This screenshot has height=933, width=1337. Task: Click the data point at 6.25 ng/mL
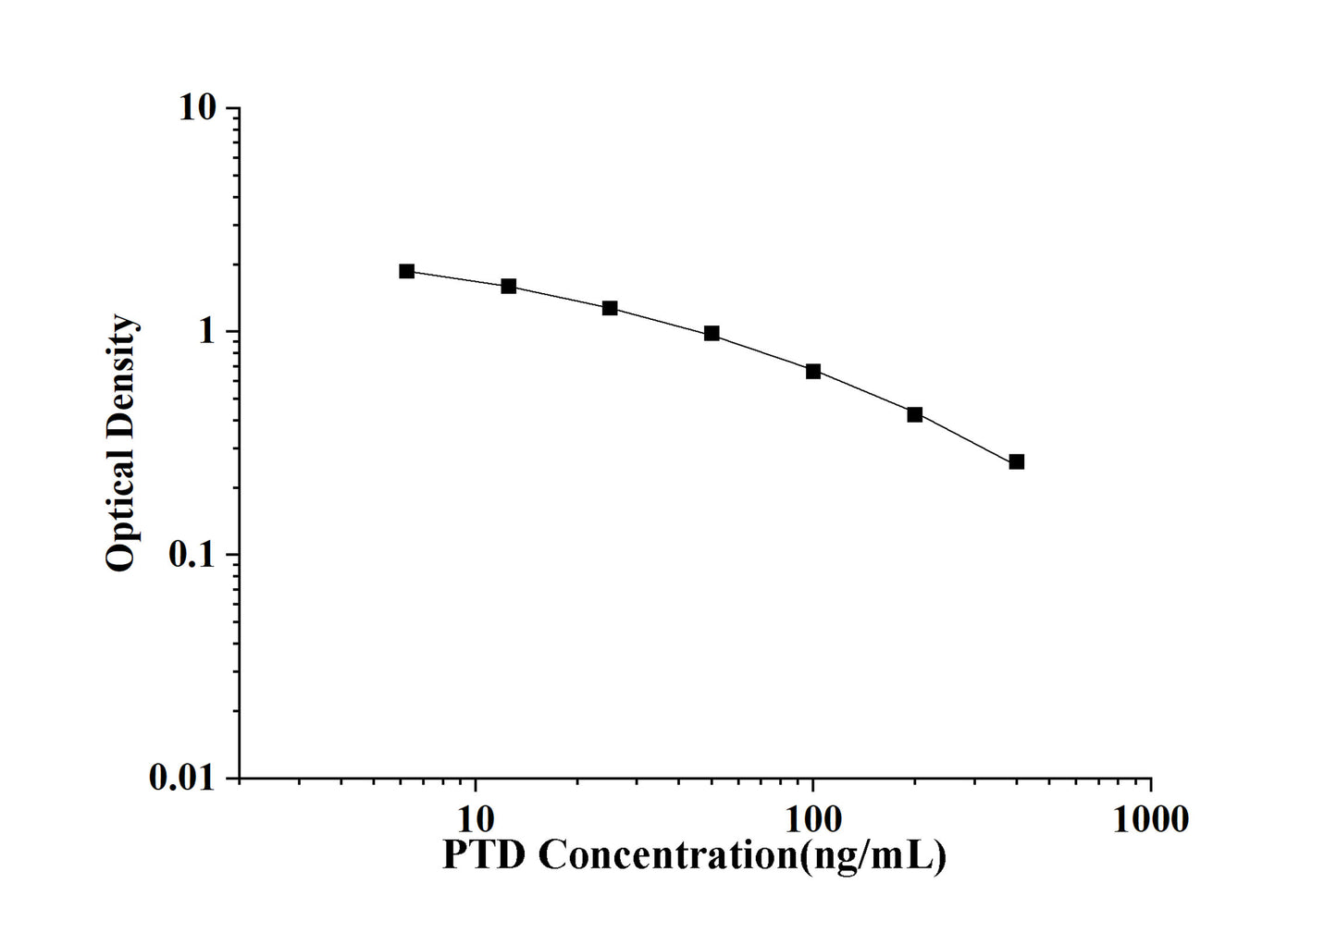(x=407, y=271)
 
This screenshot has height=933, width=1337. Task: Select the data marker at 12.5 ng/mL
(x=509, y=286)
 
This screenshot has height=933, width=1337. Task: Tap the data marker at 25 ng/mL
(x=610, y=308)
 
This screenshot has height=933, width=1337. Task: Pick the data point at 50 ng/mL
(x=712, y=333)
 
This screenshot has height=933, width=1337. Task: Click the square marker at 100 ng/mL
(x=813, y=371)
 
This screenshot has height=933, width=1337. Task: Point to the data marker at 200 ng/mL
(x=915, y=414)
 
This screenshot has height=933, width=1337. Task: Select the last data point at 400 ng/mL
(x=1017, y=461)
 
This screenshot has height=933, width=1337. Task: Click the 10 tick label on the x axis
(x=476, y=818)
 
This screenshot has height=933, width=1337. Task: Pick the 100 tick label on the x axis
(x=812, y=818)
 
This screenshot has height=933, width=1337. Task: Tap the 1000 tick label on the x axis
(x=1150, y=818)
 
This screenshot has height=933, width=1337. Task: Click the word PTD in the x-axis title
(x=484, y=855)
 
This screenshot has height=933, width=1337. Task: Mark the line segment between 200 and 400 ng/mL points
(x=966, y=438)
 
